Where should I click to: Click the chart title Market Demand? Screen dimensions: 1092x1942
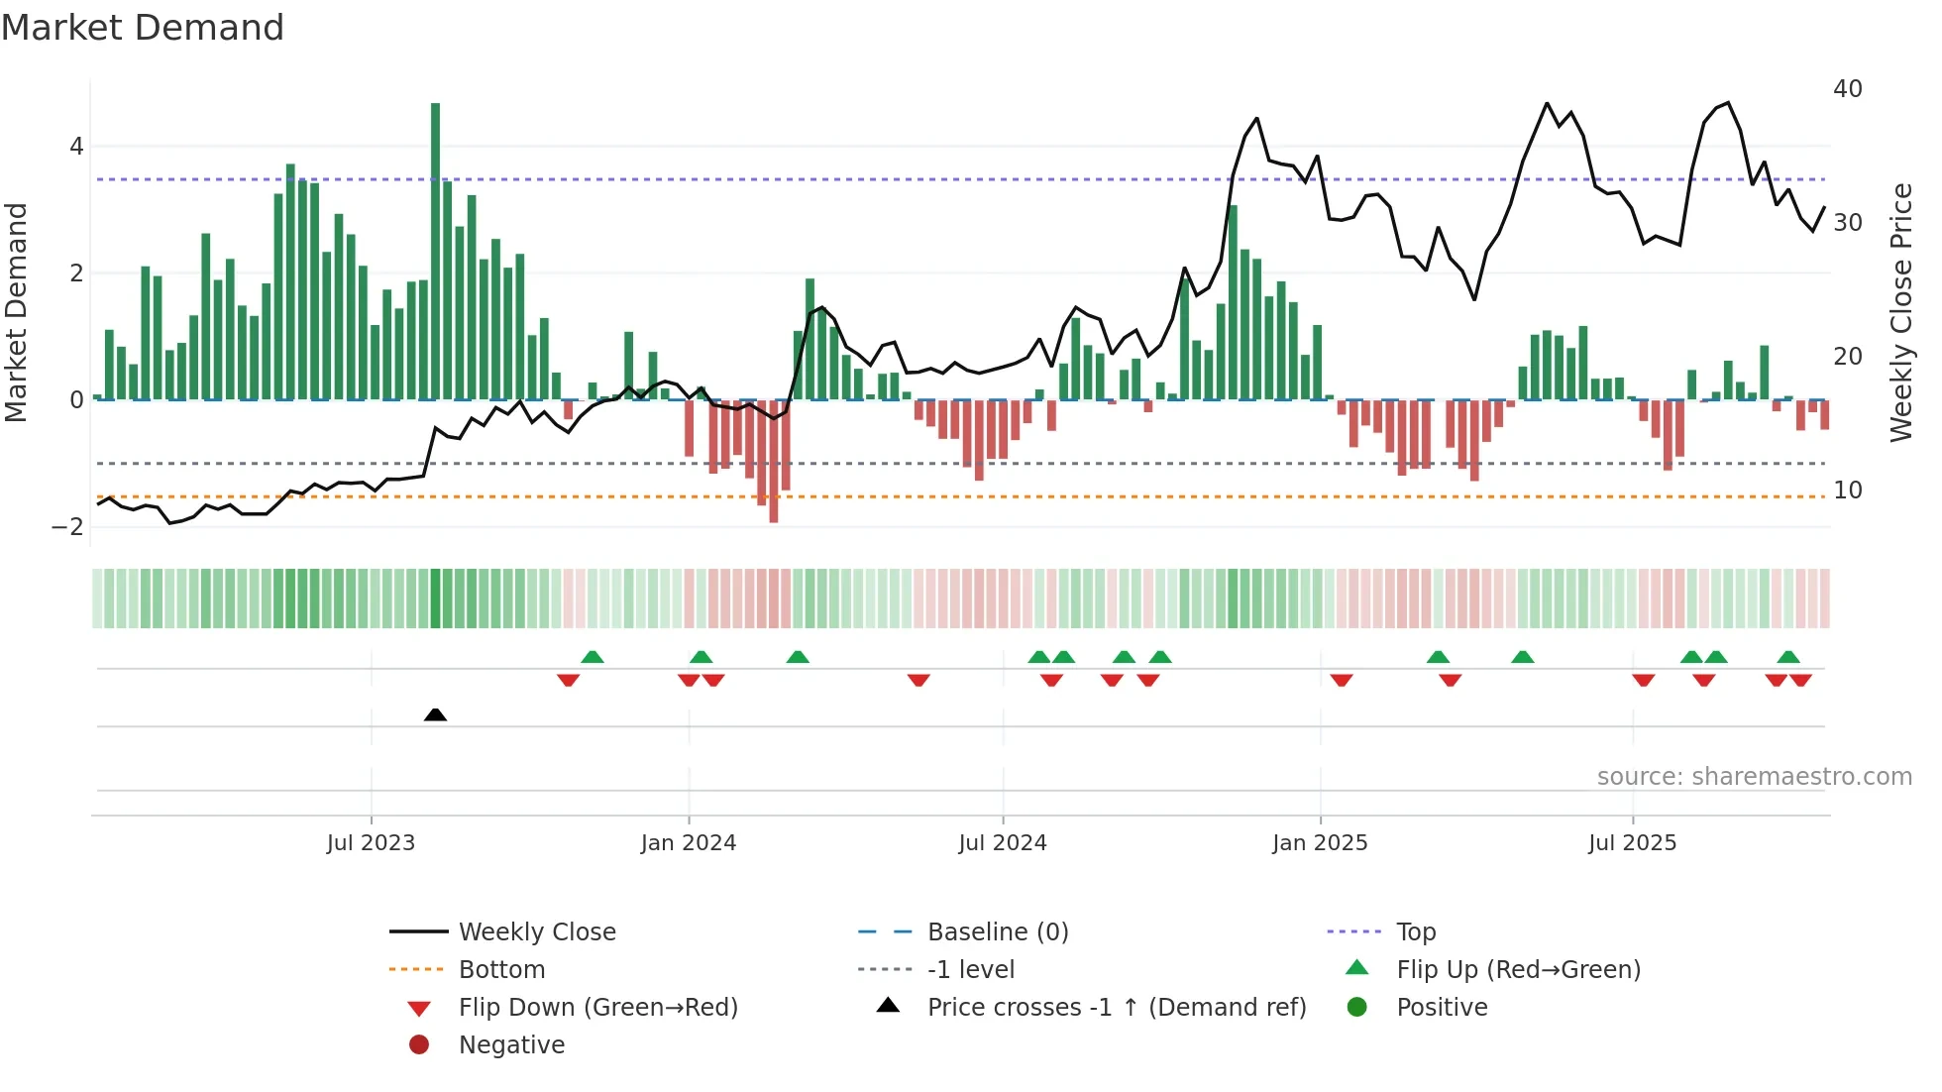143,28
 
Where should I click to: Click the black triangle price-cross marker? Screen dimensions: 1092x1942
435,714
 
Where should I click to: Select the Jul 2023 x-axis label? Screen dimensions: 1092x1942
371,843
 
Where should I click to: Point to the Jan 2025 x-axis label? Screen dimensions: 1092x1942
1320,843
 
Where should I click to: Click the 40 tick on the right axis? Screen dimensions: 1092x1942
1847,89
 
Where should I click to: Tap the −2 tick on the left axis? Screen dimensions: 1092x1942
68,527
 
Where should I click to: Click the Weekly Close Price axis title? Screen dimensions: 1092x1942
1900,312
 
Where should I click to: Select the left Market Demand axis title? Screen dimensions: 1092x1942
16,312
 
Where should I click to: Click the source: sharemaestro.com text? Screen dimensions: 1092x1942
1754,777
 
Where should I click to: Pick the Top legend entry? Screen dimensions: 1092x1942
1415,932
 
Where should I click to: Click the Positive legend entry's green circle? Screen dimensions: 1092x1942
1357,1008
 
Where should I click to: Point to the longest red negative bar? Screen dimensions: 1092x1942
774,461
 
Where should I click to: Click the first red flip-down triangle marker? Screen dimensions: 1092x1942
568,680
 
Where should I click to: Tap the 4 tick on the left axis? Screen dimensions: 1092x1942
76,147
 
